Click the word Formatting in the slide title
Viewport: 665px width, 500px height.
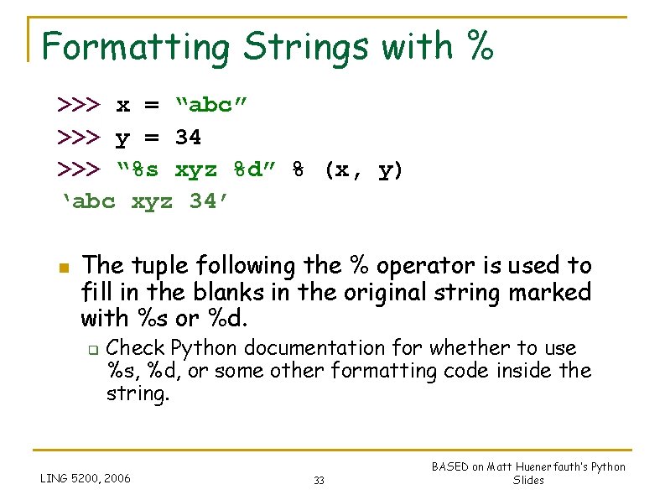pos(135,47)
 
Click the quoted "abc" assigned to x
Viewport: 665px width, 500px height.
pos(211,105)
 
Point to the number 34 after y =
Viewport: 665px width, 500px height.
pos(189,137)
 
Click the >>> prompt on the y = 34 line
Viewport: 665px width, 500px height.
pos(79,137)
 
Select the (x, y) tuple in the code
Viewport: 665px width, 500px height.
pos(364,170)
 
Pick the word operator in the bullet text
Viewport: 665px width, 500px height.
pos(428,266)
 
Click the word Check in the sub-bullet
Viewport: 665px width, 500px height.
pos(136,347)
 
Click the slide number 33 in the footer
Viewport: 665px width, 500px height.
pos(319,480)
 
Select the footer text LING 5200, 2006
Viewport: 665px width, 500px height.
pos(86,478)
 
